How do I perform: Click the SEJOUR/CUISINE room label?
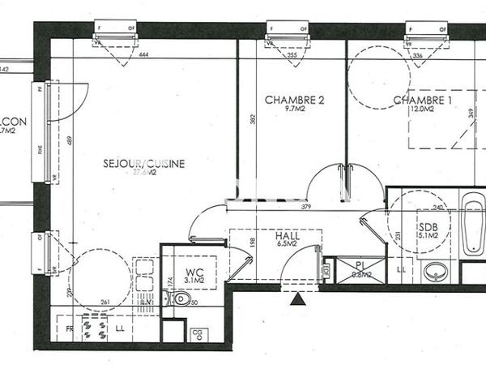click(x=144, y=163)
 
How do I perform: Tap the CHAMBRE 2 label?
click(x=295, y=101)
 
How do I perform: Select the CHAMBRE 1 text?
click(x=423, y=101)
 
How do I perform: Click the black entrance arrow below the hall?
click(x=300, y=300)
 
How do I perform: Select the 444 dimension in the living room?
click(x=144, y=55)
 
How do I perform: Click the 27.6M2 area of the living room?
click(x=144, y=173)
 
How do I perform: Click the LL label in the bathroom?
click(x=403, y=268)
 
